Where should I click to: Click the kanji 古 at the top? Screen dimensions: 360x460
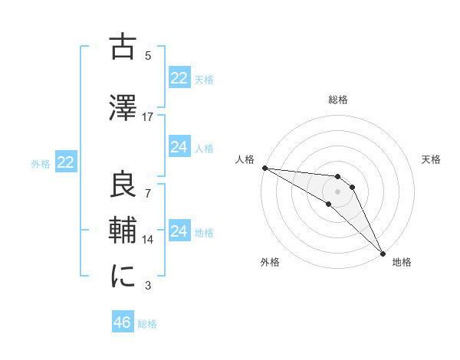click(123, 47)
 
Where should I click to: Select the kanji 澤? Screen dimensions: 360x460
click(123, 108)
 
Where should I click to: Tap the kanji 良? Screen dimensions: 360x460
click(123, 184)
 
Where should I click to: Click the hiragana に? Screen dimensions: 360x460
click(123, 277)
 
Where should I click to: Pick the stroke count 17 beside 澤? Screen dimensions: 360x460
click(148, 117)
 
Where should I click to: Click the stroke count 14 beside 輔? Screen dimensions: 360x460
click(148, 238)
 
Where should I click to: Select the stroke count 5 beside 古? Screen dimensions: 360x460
click(148, 55)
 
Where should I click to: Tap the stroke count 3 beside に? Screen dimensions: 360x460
click(148, 286)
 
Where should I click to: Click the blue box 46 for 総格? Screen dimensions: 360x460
click(123, 322)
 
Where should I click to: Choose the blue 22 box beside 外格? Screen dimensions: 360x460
click(65, 162)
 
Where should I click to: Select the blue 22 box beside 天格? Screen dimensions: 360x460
click(179, 78)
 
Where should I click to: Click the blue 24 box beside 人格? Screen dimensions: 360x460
click(179, 147)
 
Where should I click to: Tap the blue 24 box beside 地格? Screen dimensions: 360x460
click(179, 231)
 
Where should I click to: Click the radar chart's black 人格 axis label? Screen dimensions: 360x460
click(245, 160)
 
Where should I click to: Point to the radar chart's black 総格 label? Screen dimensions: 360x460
click(338, 100)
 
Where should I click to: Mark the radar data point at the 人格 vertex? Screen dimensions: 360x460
click(264, 168)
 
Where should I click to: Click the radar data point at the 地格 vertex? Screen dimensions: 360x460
click(381, 253)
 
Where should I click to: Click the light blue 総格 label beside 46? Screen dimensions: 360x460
click(147, 324)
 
